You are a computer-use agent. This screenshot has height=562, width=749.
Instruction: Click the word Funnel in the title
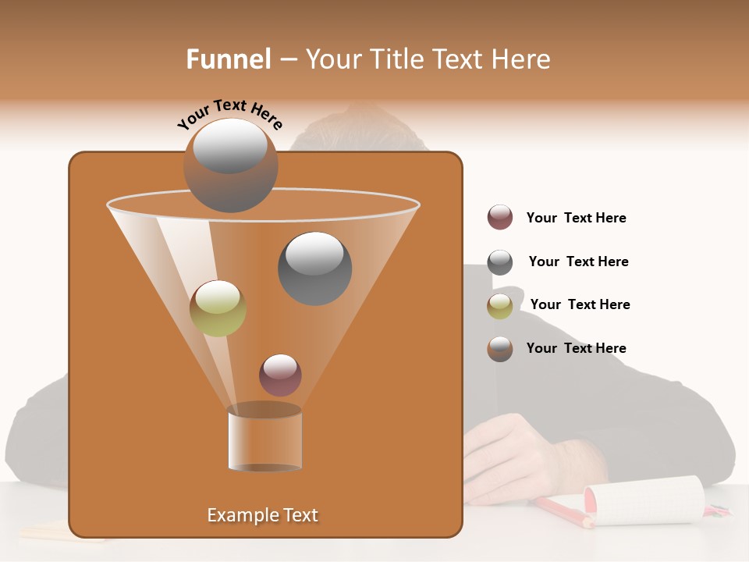pyautogui.click(x=229, y=59)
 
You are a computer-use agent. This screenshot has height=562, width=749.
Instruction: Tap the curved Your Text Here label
pyautogui.click(x=230, y=114)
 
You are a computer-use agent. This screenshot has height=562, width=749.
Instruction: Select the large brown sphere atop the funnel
pyautogui.click(x=231, y=165)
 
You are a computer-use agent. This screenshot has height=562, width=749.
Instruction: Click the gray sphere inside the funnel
pyautogui.click(x=315, y=269)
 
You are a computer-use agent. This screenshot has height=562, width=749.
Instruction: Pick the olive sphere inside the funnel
pyautogui.click(x=218, y=308)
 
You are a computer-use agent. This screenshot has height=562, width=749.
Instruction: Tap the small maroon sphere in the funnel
pyautogui.click(x=280, y=375)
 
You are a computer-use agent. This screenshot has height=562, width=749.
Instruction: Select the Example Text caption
pyautogui.click(x=263, y=515)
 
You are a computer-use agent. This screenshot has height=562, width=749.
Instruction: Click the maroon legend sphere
pyautogui.click(x=500, y=218)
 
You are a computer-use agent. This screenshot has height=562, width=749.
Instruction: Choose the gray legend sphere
pyautogui.click(x=500, y=262)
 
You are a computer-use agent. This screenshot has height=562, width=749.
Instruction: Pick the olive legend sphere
pyautogui.click(x=500, y=306)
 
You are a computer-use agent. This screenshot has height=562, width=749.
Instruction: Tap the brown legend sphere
pyautogui.click(x=500, y=349)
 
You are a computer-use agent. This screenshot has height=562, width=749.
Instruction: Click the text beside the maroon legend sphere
pyautogui.click(x=576, y=218)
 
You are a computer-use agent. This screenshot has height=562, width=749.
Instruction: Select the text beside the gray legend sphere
pyautogui.click(x=578, y=261)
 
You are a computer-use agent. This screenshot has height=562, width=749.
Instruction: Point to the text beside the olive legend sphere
pyautogui.click(x=580, y=304)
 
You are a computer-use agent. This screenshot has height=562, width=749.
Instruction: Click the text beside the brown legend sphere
pyautogui.click(x=576, y=348)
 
